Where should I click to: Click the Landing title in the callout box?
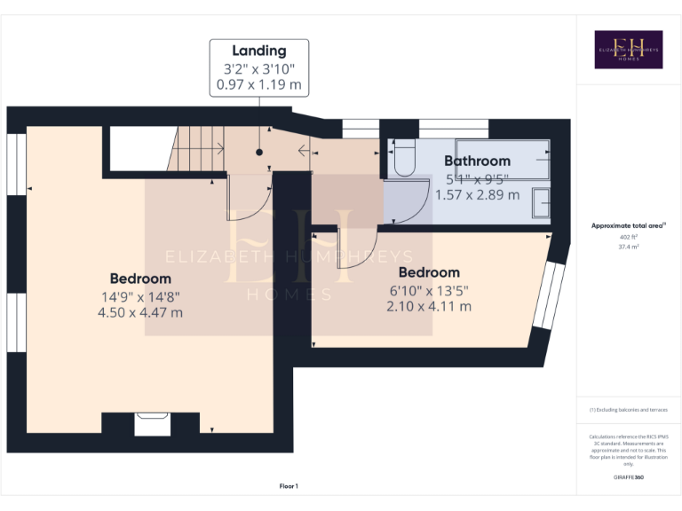coord(259,51)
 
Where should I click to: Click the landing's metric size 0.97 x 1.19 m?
coord(259,85)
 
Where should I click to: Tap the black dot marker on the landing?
coord(259,153)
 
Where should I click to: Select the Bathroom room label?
coord(477,161)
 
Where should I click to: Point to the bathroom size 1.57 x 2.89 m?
coord(477,194)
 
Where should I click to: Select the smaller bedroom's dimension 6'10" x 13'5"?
coord(428,290)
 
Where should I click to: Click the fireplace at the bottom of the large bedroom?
coord(152,424)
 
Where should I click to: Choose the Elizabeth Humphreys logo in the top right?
coord(628,50)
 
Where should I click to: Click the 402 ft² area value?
coord(628,238)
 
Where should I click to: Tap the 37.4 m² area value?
coord(628,248)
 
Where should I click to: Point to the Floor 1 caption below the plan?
coord(289,486)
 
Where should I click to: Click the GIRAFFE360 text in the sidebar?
coord(628,477)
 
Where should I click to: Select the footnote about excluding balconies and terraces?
coord(628,410)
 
